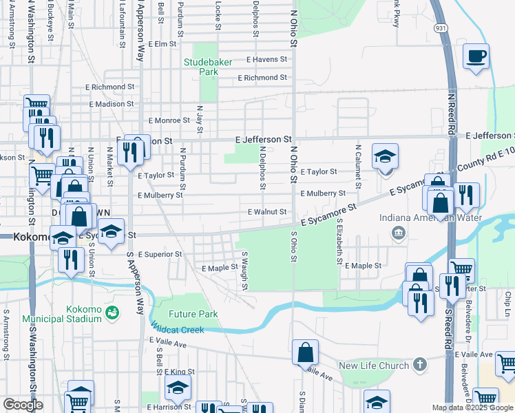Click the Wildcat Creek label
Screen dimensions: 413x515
(x=178, y=330)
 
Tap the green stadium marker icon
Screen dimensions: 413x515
(x=112, y=313)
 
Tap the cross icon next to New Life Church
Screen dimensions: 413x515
(x=420, y=364)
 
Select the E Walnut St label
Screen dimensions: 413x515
(x=266, y=212)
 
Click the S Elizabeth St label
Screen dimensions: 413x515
(x=339, y=242)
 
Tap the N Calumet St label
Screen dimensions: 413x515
(x=358, y=166)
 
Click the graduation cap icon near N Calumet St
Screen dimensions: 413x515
(x=386, y=156)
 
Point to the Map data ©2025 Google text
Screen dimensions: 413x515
(x=473, y=407)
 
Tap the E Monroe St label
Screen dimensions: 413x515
(x=169, y=120)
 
